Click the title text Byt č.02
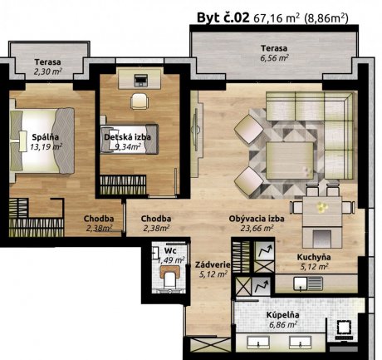223,17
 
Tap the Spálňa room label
46,137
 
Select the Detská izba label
127,137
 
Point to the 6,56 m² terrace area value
274,58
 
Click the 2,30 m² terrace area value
47,72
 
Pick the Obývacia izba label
257,219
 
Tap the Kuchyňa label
314,257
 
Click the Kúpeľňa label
282,315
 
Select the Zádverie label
213,264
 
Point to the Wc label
170,250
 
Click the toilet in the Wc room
170,277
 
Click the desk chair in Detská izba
140,101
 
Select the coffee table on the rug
290,160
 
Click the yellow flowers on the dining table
322,207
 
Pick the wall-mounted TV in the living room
197,130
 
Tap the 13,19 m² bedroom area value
46,146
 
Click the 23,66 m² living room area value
257,228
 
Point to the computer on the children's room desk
140,81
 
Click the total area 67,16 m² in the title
277,18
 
